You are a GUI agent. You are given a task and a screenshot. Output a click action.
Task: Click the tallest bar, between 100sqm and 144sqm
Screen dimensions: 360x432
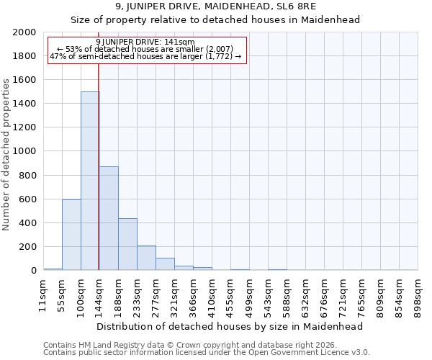(x=90, y=181)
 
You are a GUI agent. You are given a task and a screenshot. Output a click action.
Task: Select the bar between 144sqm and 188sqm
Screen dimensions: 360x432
(x=109, y=218)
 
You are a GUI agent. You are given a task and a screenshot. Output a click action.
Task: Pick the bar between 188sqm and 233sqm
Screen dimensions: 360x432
(x=127, y=244)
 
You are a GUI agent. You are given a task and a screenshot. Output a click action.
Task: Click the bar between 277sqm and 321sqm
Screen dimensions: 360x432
(x=165, y=264)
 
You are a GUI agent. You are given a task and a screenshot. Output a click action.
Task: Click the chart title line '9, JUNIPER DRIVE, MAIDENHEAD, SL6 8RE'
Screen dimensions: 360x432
(x=216, y=6)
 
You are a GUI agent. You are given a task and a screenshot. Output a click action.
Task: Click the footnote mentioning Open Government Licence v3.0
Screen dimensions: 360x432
(x=207, y=353)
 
